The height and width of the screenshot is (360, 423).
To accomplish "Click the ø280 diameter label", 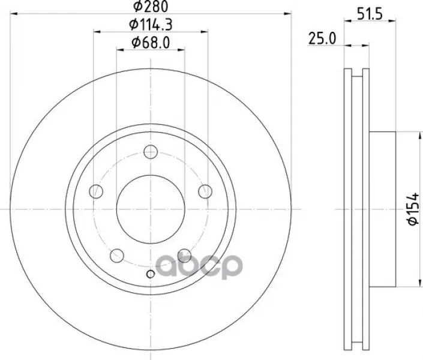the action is [151, 7].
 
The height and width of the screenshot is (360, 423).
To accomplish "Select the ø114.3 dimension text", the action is [151, 25].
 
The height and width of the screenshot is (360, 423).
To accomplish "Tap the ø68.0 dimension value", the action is [151, 43].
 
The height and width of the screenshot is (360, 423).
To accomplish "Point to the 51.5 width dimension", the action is [370, 14].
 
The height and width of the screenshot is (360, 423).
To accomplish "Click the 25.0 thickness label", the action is [322, 38].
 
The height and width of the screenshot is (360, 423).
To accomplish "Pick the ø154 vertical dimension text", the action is [413, 209].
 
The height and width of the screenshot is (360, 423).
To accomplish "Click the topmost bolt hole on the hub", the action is [151, 152].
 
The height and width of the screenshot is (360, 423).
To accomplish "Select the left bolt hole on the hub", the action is [96, 191].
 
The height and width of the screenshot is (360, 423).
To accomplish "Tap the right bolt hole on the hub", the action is [205, 191].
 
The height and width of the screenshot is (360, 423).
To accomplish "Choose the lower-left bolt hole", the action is [117, 256].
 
